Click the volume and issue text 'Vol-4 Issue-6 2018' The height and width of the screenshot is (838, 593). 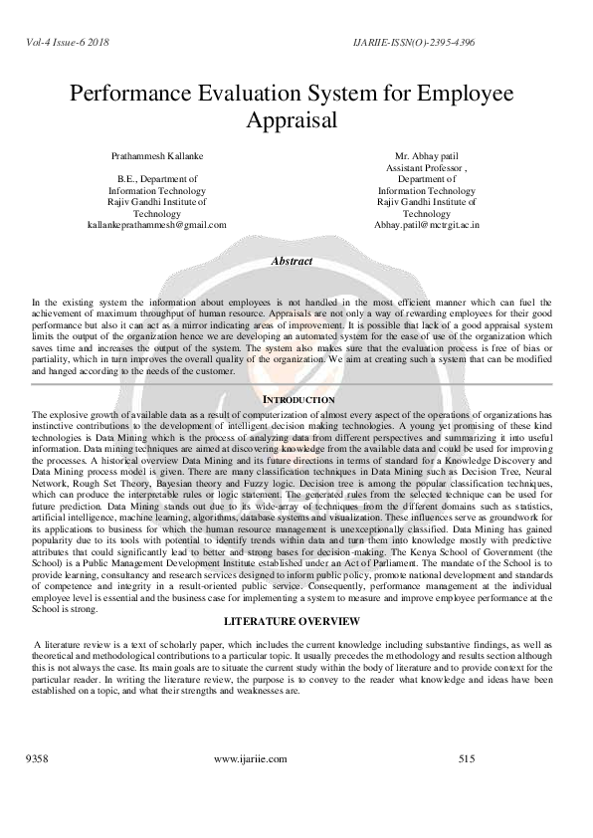[62, 44]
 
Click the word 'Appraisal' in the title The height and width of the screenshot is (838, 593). [296, 121]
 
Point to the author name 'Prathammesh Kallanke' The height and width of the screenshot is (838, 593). [165, 157]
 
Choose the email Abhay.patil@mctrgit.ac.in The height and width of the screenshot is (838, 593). [427, 225]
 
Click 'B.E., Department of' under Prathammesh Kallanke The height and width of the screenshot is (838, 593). [165, 179]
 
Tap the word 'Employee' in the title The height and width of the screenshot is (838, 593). [464, 94]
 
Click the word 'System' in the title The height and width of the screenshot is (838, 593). [355, 94]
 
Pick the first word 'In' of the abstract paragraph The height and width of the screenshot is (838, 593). [36, 300]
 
